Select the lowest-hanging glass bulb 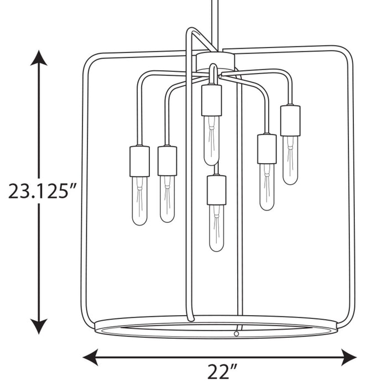[x=217, y=228]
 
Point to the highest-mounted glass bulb [x=211, y=140]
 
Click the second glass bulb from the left [x=167, y=198]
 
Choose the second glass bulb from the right [x=266, y=187]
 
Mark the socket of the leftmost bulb [x=140, y=160]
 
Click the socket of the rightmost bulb [x=290, y=120]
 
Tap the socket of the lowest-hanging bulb [x=217, y=190]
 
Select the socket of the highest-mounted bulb [x=211, y=100]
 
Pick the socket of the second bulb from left [x=167, y=160]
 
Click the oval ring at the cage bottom [x=216, y=327]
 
